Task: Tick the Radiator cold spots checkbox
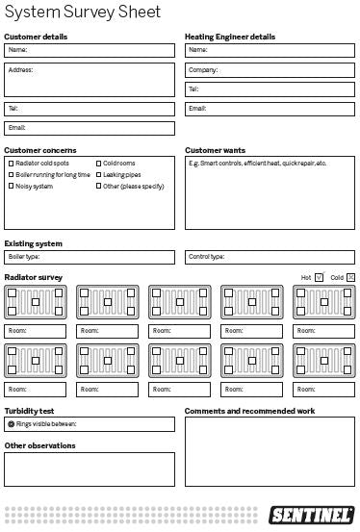coord(11,164)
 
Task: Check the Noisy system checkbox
coord(11,186)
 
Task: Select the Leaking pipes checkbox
coord(98,175)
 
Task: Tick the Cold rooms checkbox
coord(98,164)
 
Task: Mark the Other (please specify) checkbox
coord(98,186)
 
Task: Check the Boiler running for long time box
coord(11,175)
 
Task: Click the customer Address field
coord(90,80)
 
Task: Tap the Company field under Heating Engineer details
coord(270,69)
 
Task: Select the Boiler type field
coord(90,257)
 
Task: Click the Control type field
coord(270,257)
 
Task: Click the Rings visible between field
coord(90,423)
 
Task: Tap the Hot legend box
coord(320,277)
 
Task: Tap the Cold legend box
coord(350,277)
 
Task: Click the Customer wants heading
coord(215,150)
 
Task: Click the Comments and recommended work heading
coord(249,410)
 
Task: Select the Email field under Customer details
coord(90,128)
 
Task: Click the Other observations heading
coord(39,445)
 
